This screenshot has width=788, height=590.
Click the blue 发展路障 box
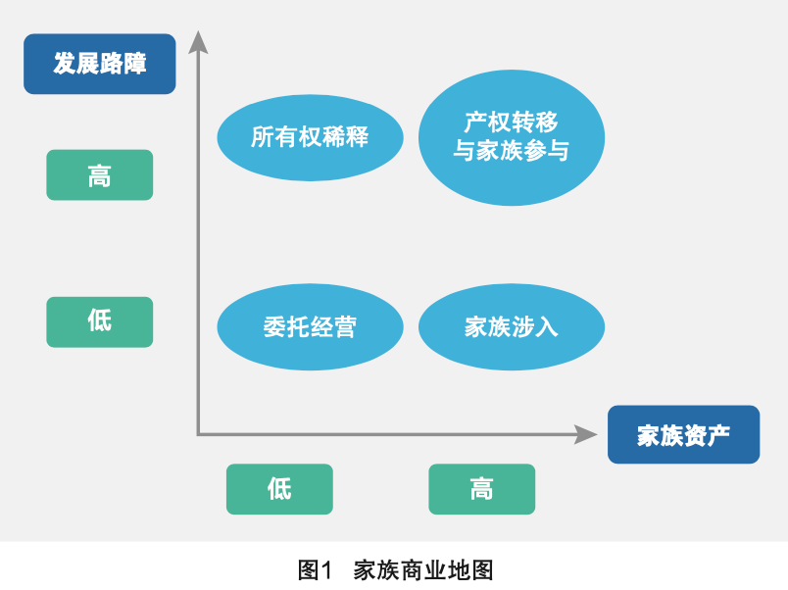99,65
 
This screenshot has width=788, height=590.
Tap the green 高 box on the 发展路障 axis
99,175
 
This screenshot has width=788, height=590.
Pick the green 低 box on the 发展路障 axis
99,321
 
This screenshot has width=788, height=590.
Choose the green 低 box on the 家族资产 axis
279,489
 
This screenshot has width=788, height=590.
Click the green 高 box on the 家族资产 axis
481,489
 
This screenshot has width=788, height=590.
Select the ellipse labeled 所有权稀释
310,137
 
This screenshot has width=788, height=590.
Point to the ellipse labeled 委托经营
310,327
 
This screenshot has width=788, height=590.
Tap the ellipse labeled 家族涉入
511,327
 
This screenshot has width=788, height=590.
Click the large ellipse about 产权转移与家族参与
511,137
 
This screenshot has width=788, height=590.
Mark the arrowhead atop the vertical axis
199,41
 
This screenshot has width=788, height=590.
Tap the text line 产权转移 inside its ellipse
511,123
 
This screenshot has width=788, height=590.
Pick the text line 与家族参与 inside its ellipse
511,152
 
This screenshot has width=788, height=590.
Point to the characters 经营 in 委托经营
333,327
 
